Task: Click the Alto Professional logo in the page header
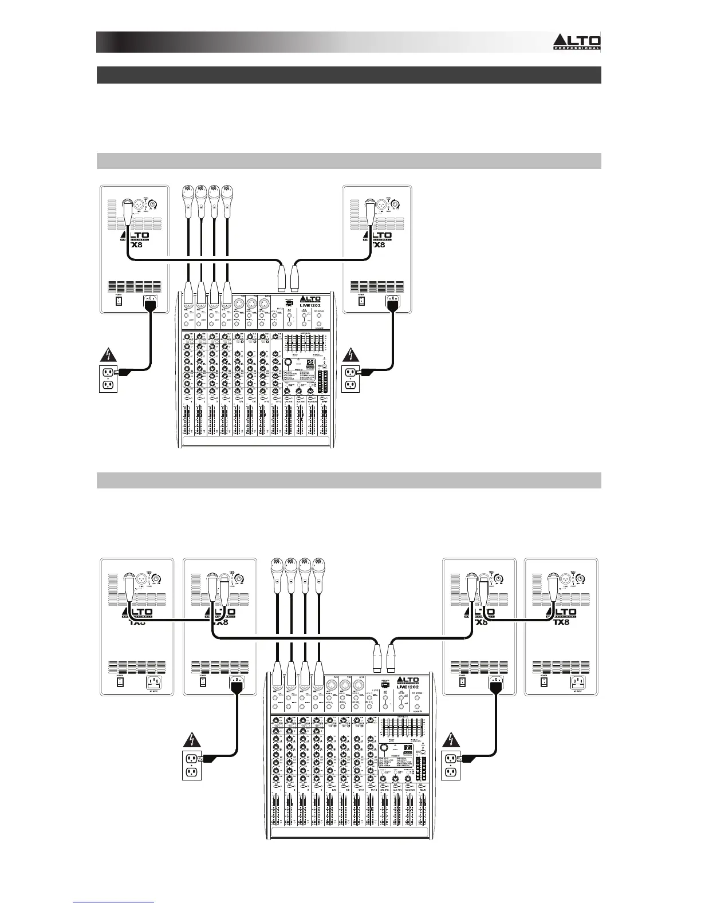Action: coord(576,42)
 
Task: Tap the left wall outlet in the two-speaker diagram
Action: coord(108,378)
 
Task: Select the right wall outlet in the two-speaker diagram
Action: coord(350,378)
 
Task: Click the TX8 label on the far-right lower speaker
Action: coord(563,622)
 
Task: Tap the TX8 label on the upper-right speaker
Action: coord(379,245)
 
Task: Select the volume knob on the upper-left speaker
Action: coord(152,203)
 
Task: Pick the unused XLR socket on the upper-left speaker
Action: coord(137,203)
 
